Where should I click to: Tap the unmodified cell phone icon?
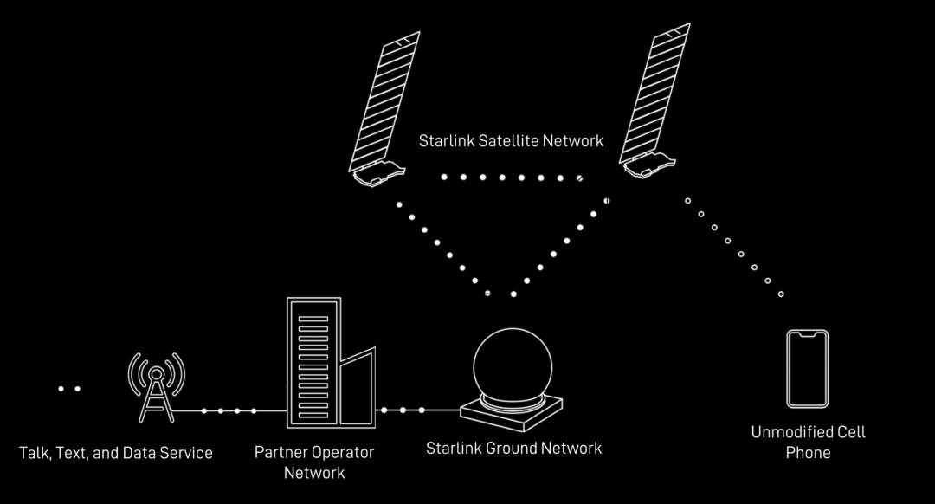[807, 368]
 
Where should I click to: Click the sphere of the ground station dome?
[513, 364]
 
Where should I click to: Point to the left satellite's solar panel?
[384, 100]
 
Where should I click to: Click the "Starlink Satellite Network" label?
[511, 140]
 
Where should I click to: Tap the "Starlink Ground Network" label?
[513, 448]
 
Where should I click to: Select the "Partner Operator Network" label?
[314, 462]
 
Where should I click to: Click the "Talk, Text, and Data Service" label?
[116, 453]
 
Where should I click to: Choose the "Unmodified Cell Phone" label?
[808, 442]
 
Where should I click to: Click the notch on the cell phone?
[807, 334]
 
